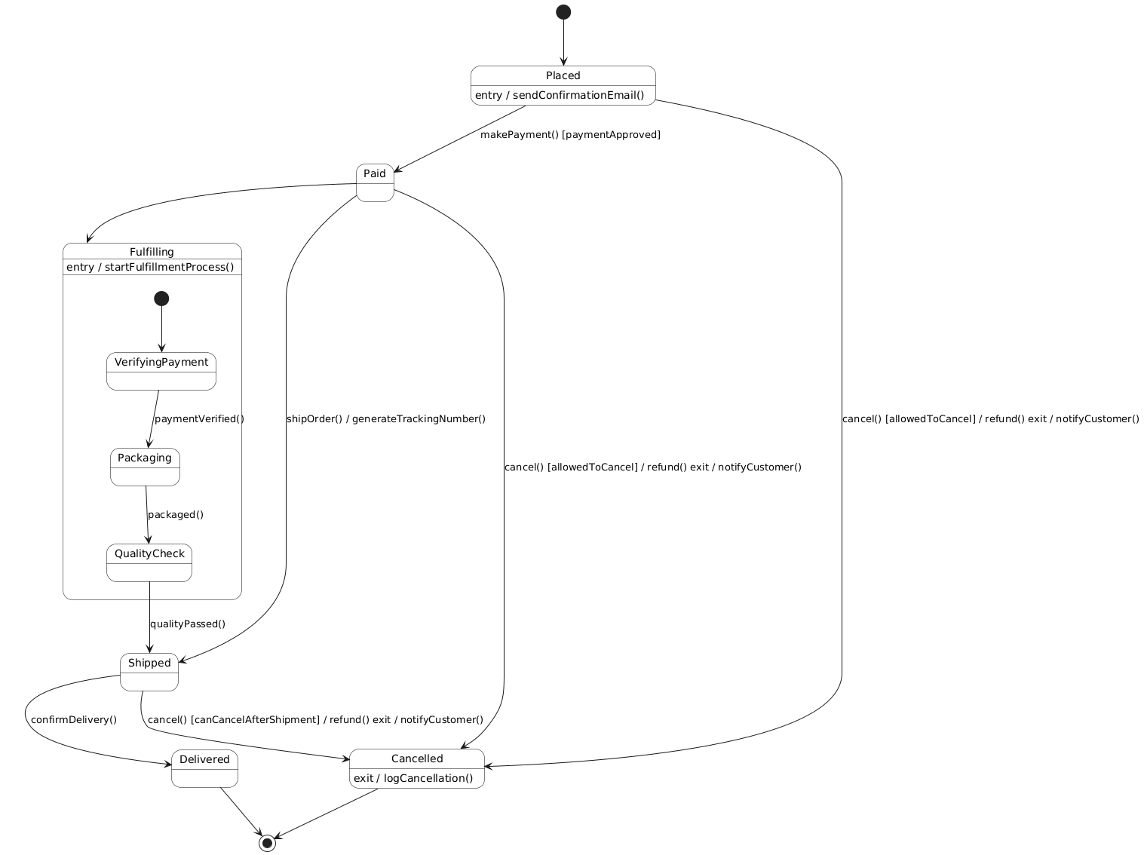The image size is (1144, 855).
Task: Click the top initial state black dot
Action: (563, 12)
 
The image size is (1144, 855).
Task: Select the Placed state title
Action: (563, 75)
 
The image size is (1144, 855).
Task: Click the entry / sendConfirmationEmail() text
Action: (560, 95)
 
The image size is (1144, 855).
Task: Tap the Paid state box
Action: (375, 182)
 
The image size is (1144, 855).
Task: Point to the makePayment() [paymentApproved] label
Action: (570, 135)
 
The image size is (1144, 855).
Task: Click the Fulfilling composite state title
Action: (152, 252)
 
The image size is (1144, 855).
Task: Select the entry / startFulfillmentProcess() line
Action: (150, 267)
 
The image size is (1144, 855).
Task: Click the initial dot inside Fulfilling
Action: (161, 299)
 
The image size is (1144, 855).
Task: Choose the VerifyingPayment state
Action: (161, 371)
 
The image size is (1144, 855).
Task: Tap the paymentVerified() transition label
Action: (199, 418)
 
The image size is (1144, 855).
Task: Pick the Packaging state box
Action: (145, 467)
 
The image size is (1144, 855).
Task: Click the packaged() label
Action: (176, 514)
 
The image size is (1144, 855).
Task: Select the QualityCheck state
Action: (149, 562)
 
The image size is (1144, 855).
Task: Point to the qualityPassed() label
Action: (188, 624)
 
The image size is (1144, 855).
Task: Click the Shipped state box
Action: (149, 672)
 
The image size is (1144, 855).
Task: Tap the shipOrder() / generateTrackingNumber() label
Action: (386, 418)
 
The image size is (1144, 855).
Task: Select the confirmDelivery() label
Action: (74, 719)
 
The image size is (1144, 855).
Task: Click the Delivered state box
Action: (204, 768)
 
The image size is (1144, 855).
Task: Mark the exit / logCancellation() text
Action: (413, 778)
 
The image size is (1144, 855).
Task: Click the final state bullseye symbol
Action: (267, 843)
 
